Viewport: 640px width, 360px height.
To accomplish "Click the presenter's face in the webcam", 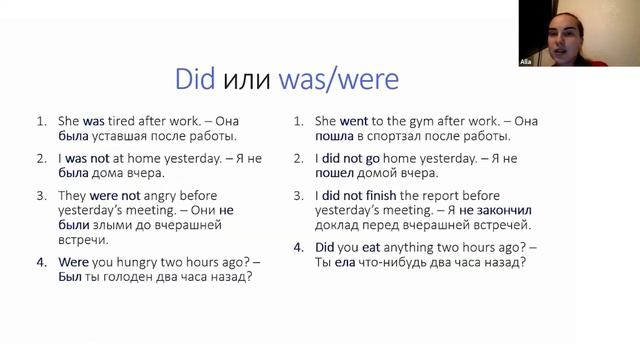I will coord(541,27).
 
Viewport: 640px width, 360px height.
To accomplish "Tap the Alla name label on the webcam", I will coord(526,61).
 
